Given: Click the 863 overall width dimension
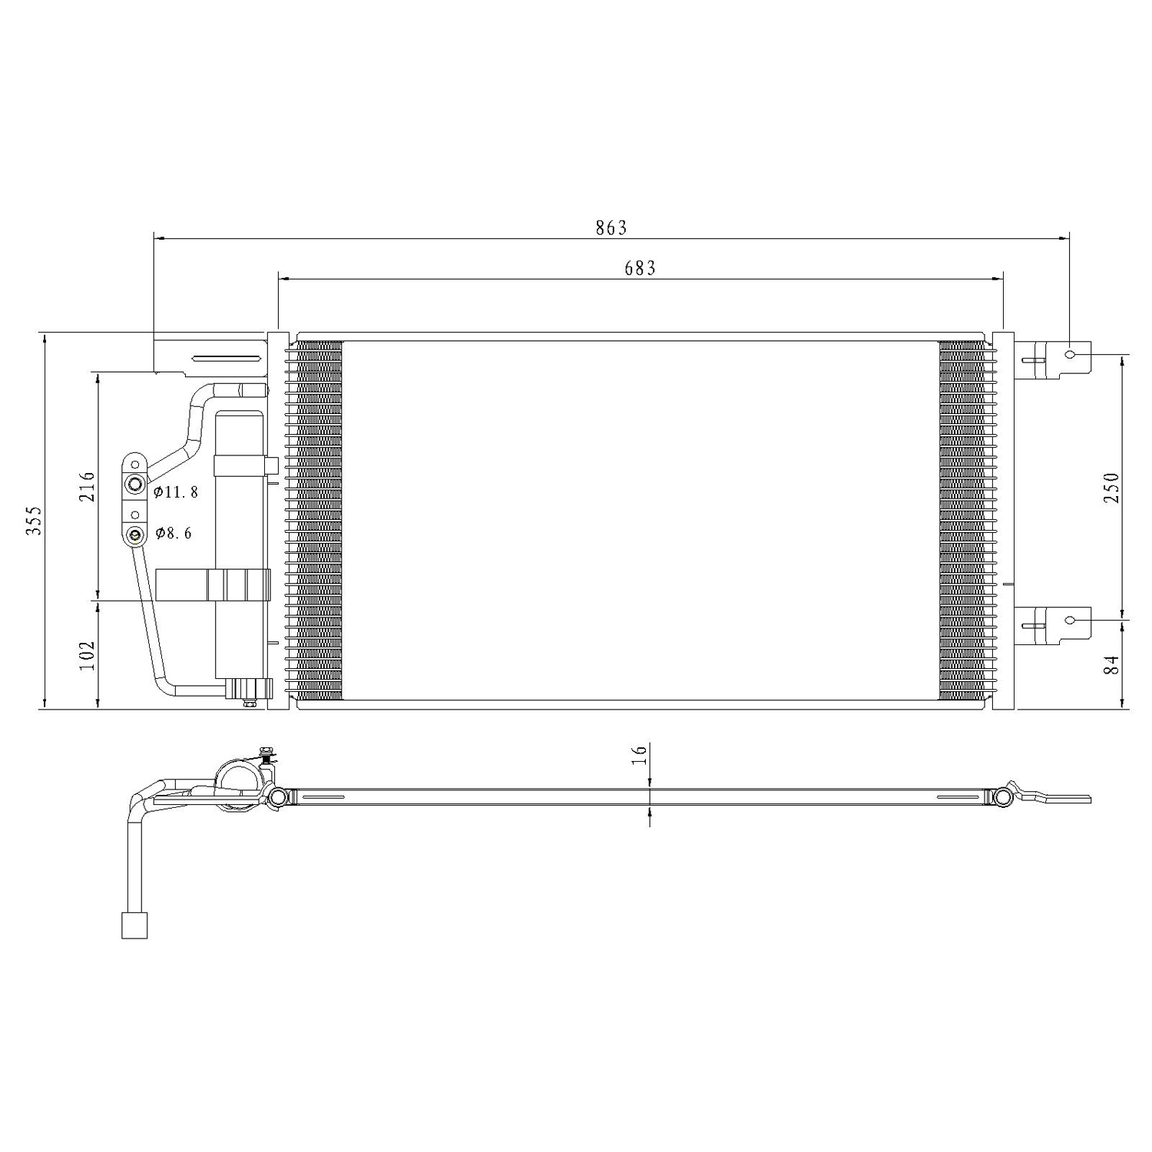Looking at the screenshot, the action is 611,227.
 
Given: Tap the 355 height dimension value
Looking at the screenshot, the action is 34,521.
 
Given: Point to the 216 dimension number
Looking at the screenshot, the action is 86,486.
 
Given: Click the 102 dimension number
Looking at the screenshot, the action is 86,654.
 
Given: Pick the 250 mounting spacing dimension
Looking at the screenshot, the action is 1111,487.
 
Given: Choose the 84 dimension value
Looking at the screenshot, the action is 1111,664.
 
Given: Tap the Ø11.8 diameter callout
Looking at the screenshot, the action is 176,492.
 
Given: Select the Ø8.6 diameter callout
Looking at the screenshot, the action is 174,533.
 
